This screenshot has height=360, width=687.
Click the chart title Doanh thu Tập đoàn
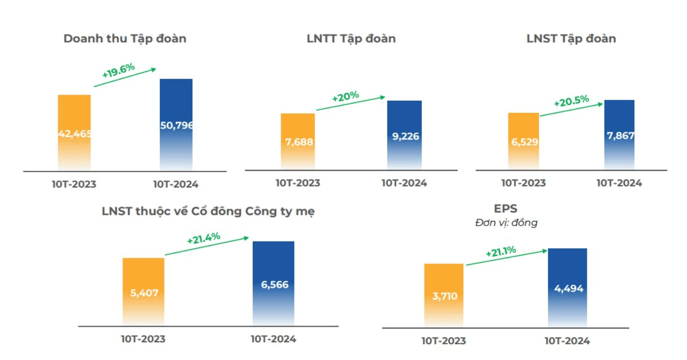pyautogui.click(x=125, y=39)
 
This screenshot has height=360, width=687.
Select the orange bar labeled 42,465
pyautogui.click(x=74, y=132)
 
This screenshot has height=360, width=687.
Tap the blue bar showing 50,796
pyautogui.click(x=176, y=124)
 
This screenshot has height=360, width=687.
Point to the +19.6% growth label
pyautogui.click(x=118, y=70)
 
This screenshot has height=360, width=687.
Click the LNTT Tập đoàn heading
pyautogui.click(x=351, y=39)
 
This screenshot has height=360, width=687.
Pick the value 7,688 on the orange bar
pyautogui.click(x=299, y=142)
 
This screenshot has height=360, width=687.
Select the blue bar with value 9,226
pyautogui.click(x=404, y=135)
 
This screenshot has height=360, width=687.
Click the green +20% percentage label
pyautogui.click(x=346, y=97)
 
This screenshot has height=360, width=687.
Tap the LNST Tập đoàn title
pyautogui.click(x=571, y=39)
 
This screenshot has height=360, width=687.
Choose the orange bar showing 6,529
pyautogui.click(x=524, y=141)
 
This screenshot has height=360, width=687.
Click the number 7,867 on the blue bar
pyautogui.click(x=620, y=136)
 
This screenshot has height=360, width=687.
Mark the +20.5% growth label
pyautogui.click(x=571, y=101)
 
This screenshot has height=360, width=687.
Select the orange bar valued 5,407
pyautogui.click(x=143, y=291)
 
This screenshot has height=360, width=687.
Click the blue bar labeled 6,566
pyautogui.click(x=273, y=283)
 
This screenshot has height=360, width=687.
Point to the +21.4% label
pyautogui.click(x=204, y=238)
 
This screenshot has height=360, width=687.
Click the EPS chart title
pyautogui.click(x=505, y=209)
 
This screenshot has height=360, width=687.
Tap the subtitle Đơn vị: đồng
pyautogui.click(x=506, y=223)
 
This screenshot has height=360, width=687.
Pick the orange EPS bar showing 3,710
pyautogui.click(x=444, y=295)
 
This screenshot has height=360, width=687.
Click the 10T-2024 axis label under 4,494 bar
pyautogui.click(x=567, y=341)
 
